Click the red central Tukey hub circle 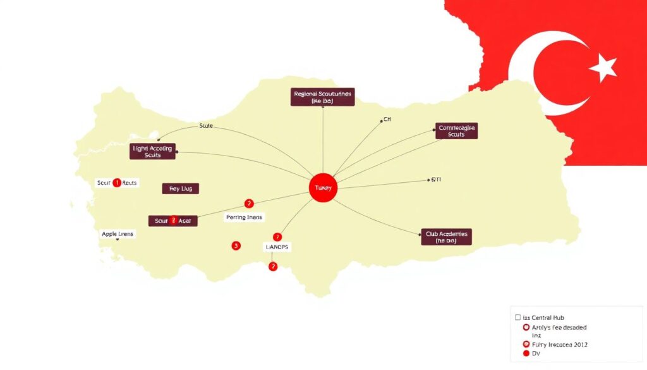(322, 188)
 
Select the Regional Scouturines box (323, 97)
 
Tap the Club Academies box (446, 237)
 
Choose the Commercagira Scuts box (456, 131)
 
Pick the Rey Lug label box (180, 188)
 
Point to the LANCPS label (275, 247)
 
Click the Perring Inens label (243, 217)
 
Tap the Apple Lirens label (118, 234)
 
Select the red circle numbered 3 (236, 245)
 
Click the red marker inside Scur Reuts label (116, 183)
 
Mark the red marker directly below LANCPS (273, 266)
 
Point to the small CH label (387, 120)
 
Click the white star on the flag (603, 66)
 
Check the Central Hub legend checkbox (518, 317)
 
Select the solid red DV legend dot (526, 354)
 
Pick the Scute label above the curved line (207, 126)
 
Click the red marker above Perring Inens (249, 204)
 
